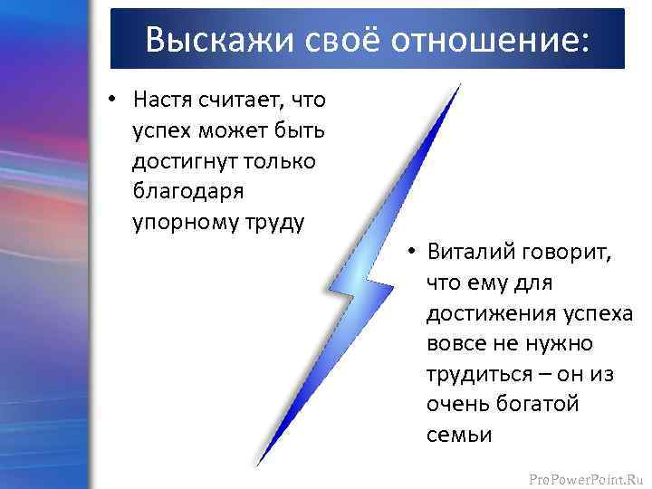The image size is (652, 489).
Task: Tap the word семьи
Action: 459,435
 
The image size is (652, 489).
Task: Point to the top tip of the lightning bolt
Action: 460,84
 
